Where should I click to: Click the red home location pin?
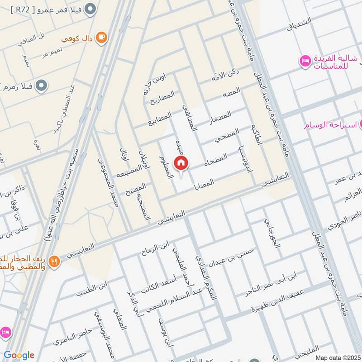181,163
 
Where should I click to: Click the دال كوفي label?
78,38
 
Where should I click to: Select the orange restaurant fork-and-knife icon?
54,261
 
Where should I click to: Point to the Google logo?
19,355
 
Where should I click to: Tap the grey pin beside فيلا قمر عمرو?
90,8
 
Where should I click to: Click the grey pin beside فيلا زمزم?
42,85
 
